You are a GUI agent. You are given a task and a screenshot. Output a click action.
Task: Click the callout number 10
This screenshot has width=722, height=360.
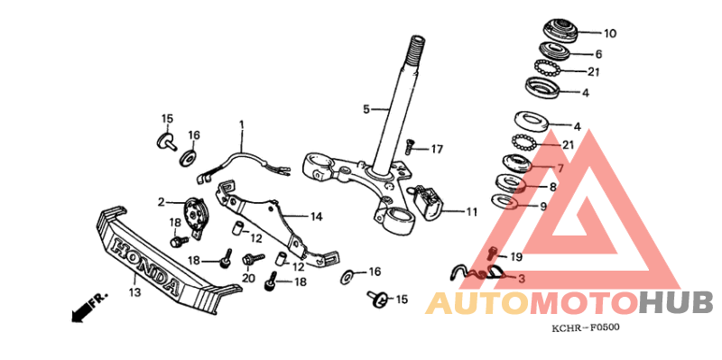pos(610,33)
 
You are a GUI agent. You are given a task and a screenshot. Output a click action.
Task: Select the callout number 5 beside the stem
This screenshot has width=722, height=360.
pos(366,109)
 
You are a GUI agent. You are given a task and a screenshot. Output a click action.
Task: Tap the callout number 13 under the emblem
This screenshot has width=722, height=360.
pos(134,292)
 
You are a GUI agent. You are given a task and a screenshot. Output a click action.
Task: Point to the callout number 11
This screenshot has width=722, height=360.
pos(471,213)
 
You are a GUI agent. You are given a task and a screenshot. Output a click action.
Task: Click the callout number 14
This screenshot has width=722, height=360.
pos(316,217)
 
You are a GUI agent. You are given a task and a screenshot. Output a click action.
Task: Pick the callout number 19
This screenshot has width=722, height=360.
pos(516,256)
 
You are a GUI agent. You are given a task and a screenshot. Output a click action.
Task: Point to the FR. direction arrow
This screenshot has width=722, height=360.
pos(88,304)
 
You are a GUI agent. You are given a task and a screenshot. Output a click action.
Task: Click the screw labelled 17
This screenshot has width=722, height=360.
pos(410,143)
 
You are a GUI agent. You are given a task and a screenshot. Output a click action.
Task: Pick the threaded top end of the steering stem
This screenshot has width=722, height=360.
pos(418,44)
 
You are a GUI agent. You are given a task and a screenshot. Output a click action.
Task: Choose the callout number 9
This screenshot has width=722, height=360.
pos(542,206)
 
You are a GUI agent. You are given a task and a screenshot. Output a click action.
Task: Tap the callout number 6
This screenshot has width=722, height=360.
pos(597,53)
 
